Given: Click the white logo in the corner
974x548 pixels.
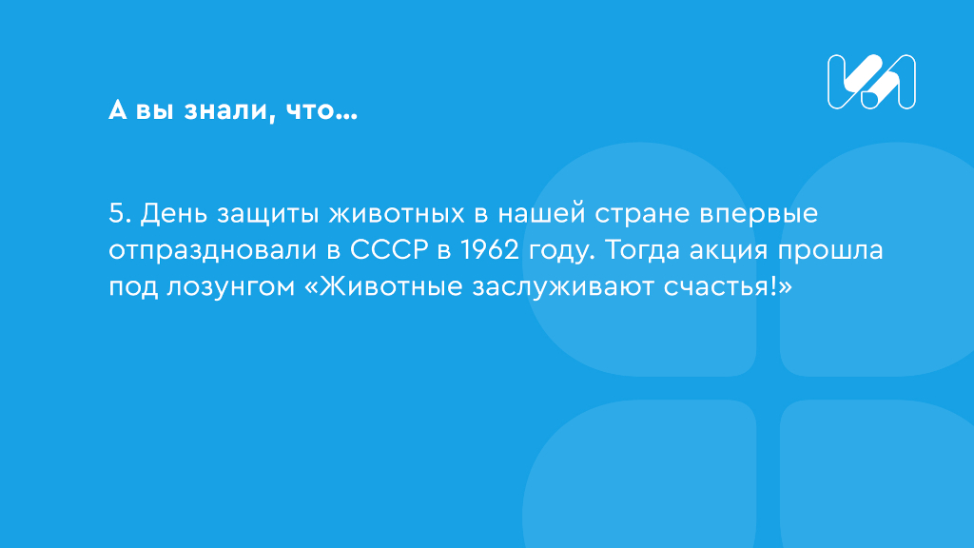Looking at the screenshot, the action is [871, 82].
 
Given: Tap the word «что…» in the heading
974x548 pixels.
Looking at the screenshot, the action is [321, 110].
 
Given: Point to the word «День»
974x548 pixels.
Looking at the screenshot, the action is [173, 214].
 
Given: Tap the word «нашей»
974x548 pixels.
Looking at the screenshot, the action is [541, 213].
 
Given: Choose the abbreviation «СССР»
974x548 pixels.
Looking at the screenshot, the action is [389, 250].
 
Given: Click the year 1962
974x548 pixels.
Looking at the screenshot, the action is [490, 250].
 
